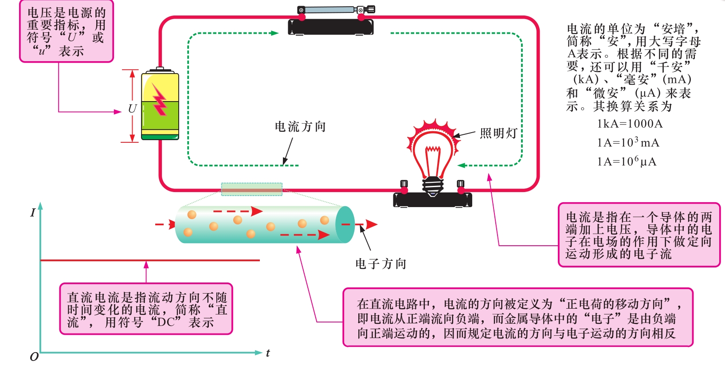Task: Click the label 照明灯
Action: (498, 133)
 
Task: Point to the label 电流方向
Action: (300, 127)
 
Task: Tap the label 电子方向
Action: (381, 264)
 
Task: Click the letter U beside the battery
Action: (132, 109)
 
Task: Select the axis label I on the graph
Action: (32, 213)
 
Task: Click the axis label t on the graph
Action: (268, 353)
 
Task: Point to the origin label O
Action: (34, 357)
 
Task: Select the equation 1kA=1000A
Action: (630, 124)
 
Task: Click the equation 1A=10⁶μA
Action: (627, 161)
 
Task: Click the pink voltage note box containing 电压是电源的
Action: (67, 31)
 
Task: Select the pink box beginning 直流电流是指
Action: (146, 309)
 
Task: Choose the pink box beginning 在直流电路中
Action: (517, 318)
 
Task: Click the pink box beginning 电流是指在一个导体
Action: (639, 235)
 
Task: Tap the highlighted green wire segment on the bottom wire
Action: (252, 189)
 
